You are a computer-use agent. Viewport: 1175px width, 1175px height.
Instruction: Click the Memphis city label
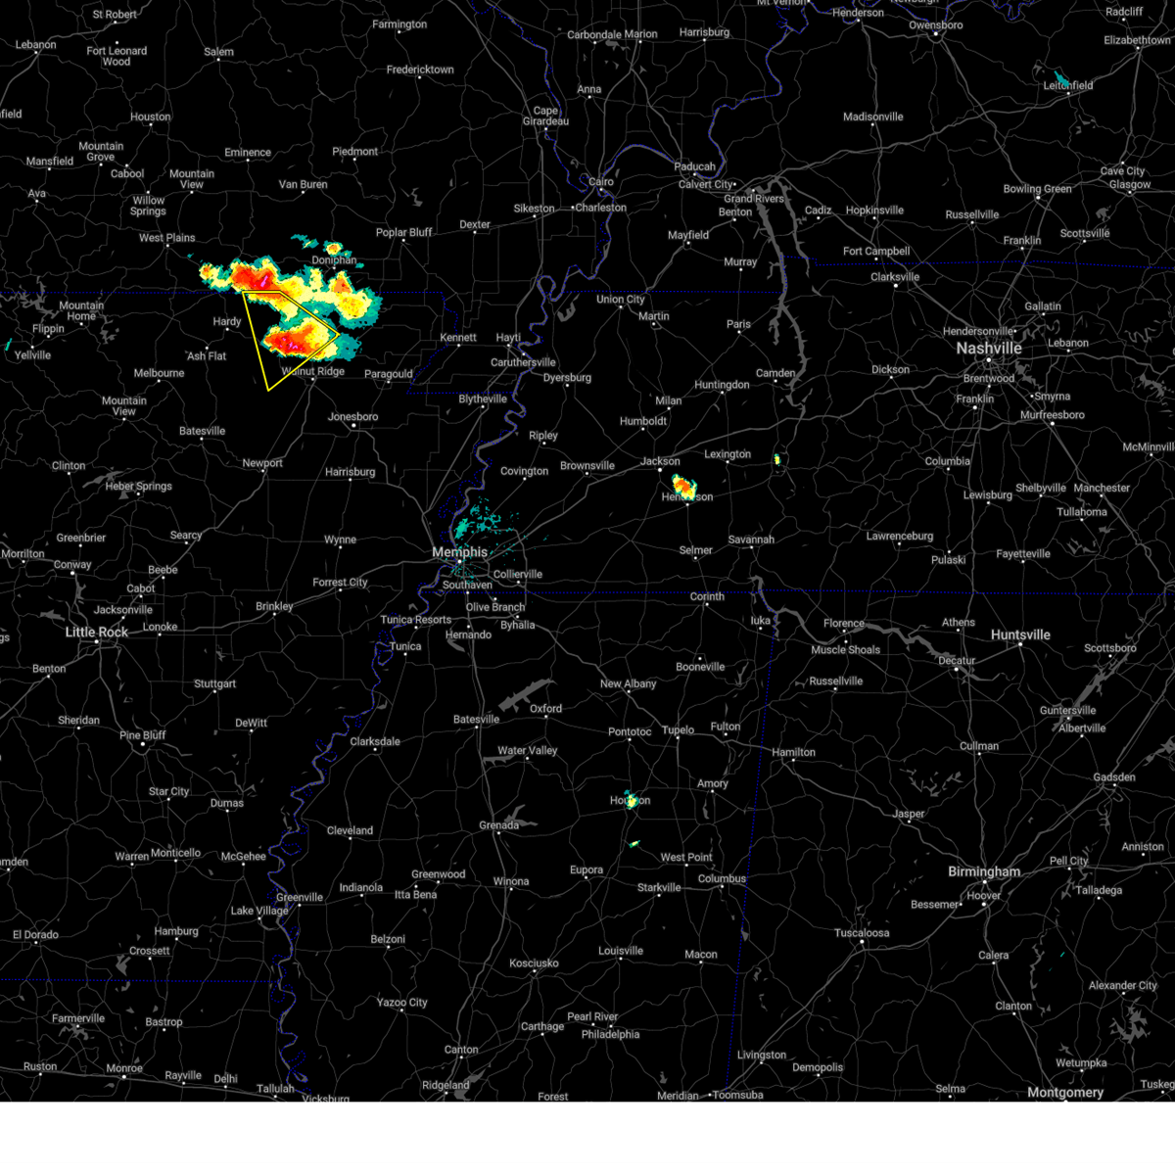459,552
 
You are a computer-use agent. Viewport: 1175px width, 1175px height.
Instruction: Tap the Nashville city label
989,349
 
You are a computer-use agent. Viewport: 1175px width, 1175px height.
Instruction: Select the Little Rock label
97,633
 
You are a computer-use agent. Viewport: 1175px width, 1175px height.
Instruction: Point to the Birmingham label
984,871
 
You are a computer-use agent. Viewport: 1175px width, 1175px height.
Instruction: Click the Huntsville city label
1020,634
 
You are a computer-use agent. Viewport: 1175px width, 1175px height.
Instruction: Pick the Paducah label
694,166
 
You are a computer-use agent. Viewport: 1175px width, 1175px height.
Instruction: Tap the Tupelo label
678,729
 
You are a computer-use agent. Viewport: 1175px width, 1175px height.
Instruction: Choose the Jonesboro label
352,417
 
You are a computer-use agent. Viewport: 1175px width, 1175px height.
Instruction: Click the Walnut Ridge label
313,372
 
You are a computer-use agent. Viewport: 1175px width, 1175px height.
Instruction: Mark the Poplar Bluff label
404,233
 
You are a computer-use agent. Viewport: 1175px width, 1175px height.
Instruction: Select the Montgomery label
1065,1093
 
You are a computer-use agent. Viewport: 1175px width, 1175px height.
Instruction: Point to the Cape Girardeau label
545,117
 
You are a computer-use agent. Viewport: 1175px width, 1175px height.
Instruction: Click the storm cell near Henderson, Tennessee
683,485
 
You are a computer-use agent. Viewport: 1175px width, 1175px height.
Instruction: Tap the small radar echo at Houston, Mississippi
632,801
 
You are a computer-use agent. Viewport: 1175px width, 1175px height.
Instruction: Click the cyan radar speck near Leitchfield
1060,78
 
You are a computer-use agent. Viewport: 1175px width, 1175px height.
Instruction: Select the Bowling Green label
1037,189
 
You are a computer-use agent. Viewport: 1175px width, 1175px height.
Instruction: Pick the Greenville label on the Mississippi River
300,897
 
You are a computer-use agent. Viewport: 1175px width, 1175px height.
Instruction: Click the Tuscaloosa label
862,933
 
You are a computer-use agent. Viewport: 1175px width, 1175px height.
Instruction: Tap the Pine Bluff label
143,735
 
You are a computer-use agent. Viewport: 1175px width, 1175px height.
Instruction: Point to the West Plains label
166,238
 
